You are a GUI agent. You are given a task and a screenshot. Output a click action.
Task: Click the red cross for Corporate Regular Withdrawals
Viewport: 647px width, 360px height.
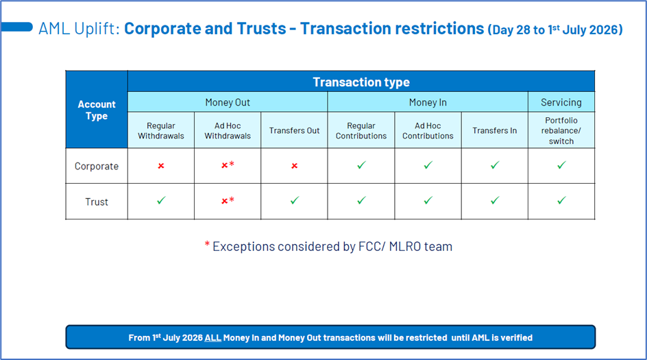coord(161,165)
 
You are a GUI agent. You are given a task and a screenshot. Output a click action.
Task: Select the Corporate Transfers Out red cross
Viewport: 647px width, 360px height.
coord(294,165)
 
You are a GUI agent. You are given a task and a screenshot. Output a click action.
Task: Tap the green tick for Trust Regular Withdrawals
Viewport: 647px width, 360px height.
coord(161,201)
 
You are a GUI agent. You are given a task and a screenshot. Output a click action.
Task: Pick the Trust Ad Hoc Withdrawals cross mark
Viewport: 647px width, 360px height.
coord(225,201)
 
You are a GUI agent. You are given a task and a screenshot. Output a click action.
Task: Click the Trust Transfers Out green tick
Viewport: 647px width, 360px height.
coord(294,201)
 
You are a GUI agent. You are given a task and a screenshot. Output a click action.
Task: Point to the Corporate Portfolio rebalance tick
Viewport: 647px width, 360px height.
coord(561,165)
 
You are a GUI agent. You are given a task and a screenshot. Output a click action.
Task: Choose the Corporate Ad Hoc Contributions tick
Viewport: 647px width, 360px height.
coord(428,165)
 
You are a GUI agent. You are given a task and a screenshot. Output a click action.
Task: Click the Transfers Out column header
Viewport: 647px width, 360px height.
coord(294,130)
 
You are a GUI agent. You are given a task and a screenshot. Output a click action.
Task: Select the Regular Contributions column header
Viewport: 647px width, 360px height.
coord(361,130)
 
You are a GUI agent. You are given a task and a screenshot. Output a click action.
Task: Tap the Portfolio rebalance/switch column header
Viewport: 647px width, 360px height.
coord(561,130)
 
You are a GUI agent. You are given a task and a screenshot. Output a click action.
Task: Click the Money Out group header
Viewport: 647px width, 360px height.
coord(228,102)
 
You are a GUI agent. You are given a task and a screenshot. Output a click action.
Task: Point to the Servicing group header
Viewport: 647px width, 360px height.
coord(561,102)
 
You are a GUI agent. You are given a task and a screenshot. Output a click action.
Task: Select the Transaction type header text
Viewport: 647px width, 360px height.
coord(361,82)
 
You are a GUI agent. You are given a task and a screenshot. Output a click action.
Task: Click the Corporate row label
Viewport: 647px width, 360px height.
coord(97,166)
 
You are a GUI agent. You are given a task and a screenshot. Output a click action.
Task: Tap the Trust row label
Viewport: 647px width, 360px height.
coord(97,202)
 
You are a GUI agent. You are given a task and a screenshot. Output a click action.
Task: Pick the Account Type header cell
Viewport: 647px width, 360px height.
coord(97,110)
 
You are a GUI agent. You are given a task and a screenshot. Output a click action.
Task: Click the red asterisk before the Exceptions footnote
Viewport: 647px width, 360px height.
coord(207,244)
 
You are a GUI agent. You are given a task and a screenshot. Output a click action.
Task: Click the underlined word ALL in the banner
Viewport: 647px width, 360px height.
coord(213,337)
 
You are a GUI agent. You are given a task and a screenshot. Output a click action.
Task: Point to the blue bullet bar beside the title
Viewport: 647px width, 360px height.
coord(16,27)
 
